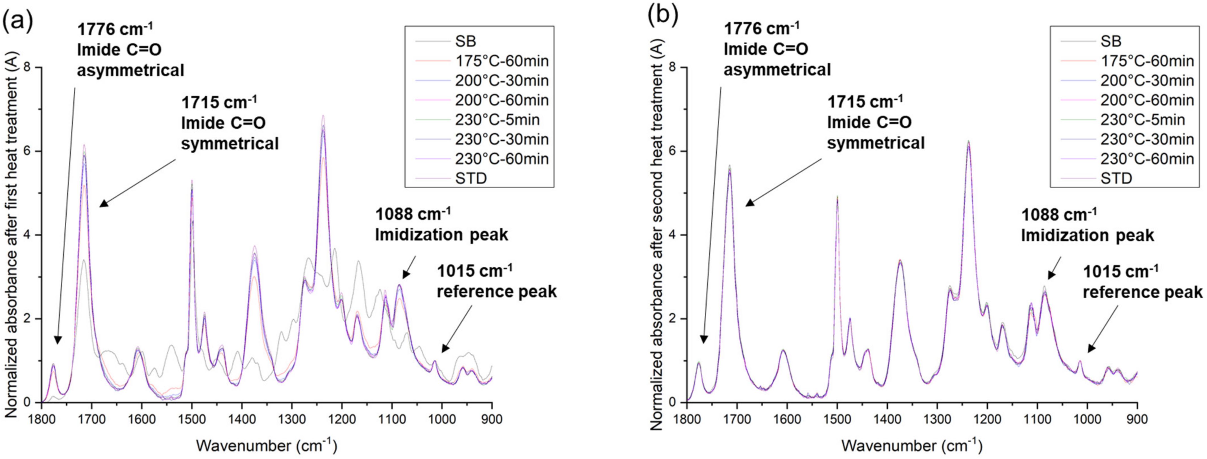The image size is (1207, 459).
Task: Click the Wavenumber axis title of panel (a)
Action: [266, 445]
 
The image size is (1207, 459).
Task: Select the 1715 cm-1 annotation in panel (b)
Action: [875, 122]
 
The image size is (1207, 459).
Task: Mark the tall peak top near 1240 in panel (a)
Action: [323, 116]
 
